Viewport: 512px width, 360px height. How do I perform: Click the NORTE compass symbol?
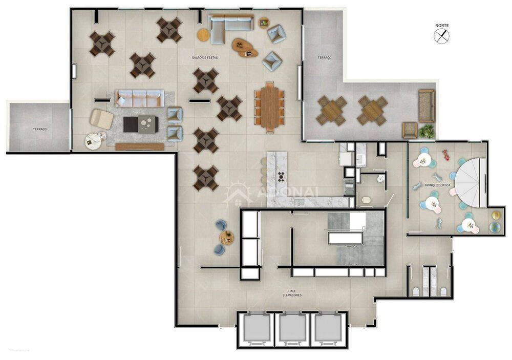(x=442, y=36)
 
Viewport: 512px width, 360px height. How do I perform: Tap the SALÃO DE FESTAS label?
(x=205, y=58)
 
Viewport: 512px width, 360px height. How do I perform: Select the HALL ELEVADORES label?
(x=295, y=293)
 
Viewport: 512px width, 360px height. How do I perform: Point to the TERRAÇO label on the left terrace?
(x=39, y=129)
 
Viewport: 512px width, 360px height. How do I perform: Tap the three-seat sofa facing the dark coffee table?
(x=139, y=98)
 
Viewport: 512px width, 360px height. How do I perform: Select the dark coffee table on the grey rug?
(x=141, y=124)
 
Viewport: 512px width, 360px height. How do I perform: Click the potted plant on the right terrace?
(x=426, y=132)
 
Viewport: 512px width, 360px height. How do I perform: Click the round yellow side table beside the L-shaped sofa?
(x=203, y=35)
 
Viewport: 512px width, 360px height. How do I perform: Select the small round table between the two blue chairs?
(x=227, y=237)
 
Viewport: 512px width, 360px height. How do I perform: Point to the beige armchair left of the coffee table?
(x=102, y=119)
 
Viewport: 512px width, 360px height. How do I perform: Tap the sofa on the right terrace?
(x=426, y=105)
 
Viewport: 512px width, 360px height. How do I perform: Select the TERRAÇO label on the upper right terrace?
(x=324, y=58)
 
